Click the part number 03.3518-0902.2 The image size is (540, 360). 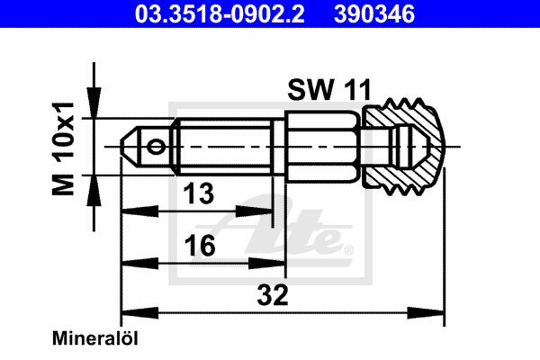tap(220, 13)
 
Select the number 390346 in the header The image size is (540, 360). tap(374, 13)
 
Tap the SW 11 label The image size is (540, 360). tap(329, 90)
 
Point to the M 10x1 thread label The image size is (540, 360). tap(63, 148)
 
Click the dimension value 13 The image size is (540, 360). tap(199, 193)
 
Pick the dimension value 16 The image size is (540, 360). tap(200, 246)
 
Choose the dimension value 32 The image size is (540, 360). tap(273, 295)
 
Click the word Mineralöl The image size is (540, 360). tap(95, 338)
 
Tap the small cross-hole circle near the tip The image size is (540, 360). tap(156, 147)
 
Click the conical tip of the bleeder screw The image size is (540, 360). tap(130, 146)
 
